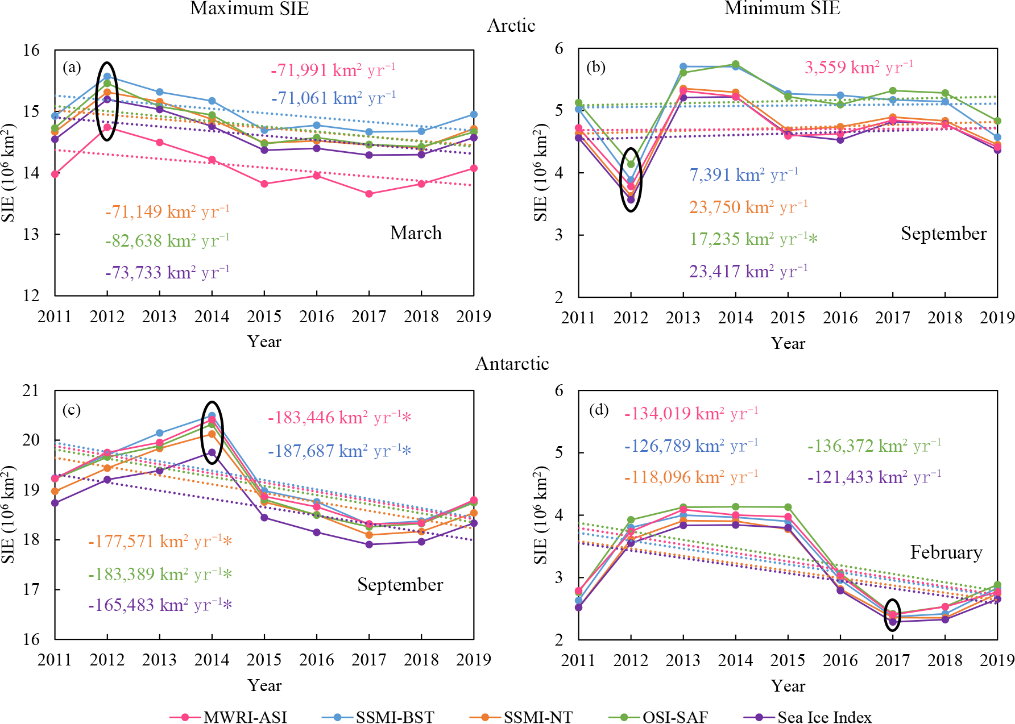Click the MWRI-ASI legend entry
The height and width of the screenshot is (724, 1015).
coord(245,717)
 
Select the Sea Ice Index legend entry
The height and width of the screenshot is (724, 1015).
coord(824,717)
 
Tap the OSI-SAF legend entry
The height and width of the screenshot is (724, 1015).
coord(674,717)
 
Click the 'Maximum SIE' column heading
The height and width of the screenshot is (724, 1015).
coord(249,9)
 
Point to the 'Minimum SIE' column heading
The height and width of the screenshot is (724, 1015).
coord(782,9)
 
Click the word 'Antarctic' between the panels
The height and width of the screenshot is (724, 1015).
coord(512,364)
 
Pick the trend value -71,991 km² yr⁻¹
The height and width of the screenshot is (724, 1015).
coord(333,70)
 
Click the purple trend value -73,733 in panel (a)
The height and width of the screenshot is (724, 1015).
coord(167,273)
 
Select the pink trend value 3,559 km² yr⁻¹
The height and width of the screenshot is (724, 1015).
coord(859,68)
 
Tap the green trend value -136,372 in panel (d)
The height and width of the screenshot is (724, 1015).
coord(874,446)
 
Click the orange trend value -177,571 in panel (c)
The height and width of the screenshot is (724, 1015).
coord(160,542)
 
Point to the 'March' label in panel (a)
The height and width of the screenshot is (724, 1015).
coord(416,233)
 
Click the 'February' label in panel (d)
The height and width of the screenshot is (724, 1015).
coord(946,552)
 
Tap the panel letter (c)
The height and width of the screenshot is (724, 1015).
coord(71,410)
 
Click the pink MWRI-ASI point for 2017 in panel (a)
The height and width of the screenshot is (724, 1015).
coord(369,194)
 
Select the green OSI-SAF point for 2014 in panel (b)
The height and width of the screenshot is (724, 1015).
coord(736,64)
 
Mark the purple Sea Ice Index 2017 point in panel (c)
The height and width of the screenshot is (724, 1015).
coord(369,544)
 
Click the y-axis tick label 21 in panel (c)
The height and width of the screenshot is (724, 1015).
coord(31,390)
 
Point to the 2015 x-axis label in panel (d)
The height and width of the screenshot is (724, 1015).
coord(788,660)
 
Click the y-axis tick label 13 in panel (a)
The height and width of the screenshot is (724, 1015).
coord(31,234)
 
